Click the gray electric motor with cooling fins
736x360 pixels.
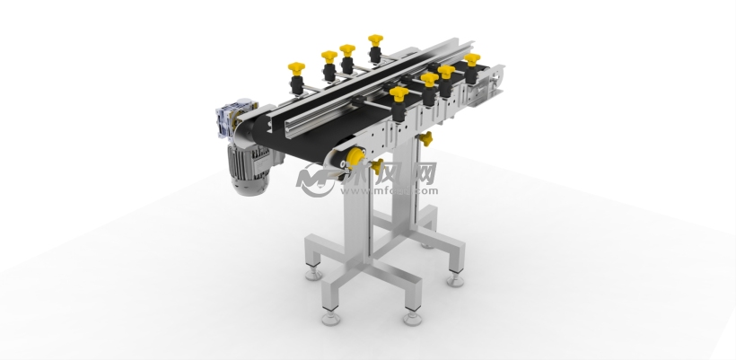(x=245, y=162)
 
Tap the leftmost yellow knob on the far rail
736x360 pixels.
(x=295, y=69)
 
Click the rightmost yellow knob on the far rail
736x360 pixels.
(x=375, y=41)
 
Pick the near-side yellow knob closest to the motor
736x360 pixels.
(x=399, y=93)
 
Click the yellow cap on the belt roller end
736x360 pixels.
(x=352, y=159)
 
